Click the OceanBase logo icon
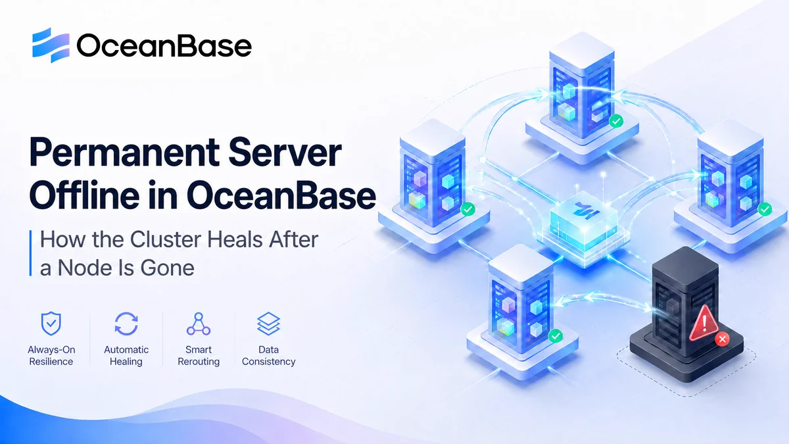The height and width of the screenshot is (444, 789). pos(51,45)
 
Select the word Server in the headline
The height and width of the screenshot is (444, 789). pos(285,153)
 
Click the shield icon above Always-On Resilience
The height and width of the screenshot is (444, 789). pos(51,324)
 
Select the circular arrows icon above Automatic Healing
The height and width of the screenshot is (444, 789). pos(126,324)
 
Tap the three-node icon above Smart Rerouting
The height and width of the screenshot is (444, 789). pos(199,324)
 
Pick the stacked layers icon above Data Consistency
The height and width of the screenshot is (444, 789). pos(268,324)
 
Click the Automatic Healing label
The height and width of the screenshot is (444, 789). pos(126,356)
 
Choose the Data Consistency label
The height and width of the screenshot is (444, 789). pos(268,356)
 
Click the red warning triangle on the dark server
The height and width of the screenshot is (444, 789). pos(704,324)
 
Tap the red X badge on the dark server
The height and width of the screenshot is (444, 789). pos(722,339)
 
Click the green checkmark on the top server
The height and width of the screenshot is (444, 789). pos(616,121)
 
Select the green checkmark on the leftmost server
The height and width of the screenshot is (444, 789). pos(467,209)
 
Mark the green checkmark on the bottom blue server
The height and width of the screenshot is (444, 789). pos(556,336)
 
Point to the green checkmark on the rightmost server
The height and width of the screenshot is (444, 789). pos(765,209)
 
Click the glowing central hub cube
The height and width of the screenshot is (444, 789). pos(583,222)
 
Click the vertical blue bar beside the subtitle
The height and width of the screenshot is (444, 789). pos(31,253)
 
